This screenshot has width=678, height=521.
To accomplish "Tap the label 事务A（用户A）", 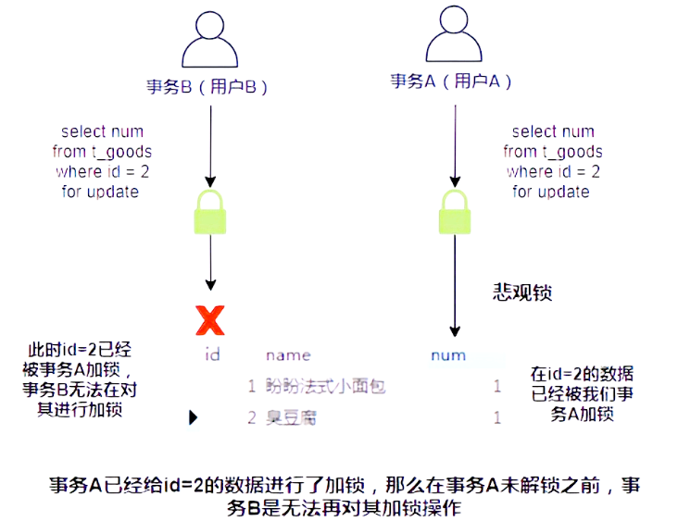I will click(451, 81).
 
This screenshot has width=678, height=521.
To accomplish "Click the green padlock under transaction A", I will click(453, 214).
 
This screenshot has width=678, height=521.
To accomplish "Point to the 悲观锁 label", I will click(521, 292).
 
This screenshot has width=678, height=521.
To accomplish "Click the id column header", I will click(211, 354).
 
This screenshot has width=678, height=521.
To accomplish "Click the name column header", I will click(288, 354).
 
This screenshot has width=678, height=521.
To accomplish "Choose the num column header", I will click(448, 354).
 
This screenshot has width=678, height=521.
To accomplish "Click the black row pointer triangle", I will click(194, 417).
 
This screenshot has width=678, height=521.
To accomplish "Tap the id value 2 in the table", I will click(251, 417).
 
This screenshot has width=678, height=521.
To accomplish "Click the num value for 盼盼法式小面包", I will click(496, 386).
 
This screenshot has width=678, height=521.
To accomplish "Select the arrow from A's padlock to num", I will click(453, 287).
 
